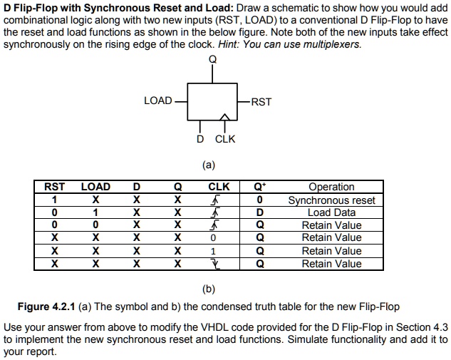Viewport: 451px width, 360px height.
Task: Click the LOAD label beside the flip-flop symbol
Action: [x=157, y=101]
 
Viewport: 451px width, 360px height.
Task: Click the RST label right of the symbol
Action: [x=261, y=102]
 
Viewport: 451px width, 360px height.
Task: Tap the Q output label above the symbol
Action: [x=212, y=59]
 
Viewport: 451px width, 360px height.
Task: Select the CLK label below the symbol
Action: [x=224, y=139]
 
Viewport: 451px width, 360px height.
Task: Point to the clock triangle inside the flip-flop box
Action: [x=224, y=117]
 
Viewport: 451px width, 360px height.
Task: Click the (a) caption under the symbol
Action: [x=208, y=165]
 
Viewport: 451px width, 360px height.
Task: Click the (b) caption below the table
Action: [x=208, y=289]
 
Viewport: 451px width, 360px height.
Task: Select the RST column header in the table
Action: [x=55, y=187]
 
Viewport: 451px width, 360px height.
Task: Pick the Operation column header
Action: [x=331, y=187]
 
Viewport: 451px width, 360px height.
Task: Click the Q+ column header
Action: [x=260, y=187]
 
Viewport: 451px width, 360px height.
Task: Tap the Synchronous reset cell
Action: [x=331, y=200]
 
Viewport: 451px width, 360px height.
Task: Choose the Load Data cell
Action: [x=331, y=212]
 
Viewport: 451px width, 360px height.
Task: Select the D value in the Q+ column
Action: [x=260, y=212]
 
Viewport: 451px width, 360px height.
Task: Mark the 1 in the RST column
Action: [x=55, y=200]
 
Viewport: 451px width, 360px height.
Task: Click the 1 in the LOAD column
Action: [x=95, y=212]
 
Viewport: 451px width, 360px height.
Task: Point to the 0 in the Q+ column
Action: [x=260, y=200]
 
